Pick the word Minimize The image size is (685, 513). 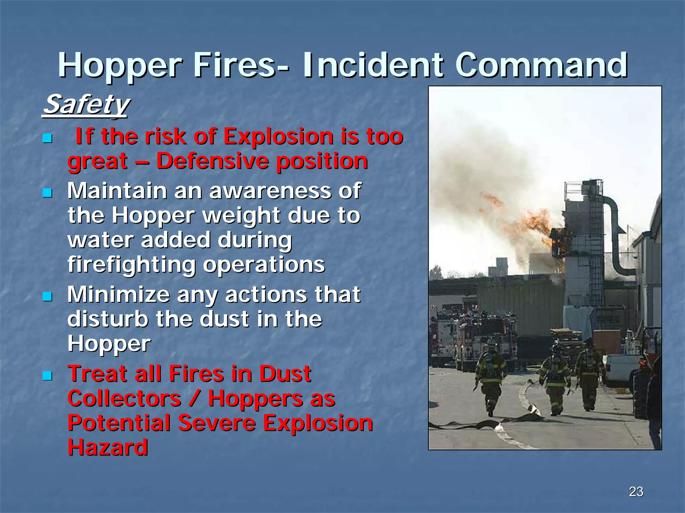(x=119, y=295)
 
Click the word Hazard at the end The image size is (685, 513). (x=108, y=447)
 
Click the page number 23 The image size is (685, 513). (x=636, y=492)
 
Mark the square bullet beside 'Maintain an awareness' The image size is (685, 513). (x=47, y=193)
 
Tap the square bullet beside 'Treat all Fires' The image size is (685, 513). (x=47, y=376)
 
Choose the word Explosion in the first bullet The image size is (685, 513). (x=278, y=137)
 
